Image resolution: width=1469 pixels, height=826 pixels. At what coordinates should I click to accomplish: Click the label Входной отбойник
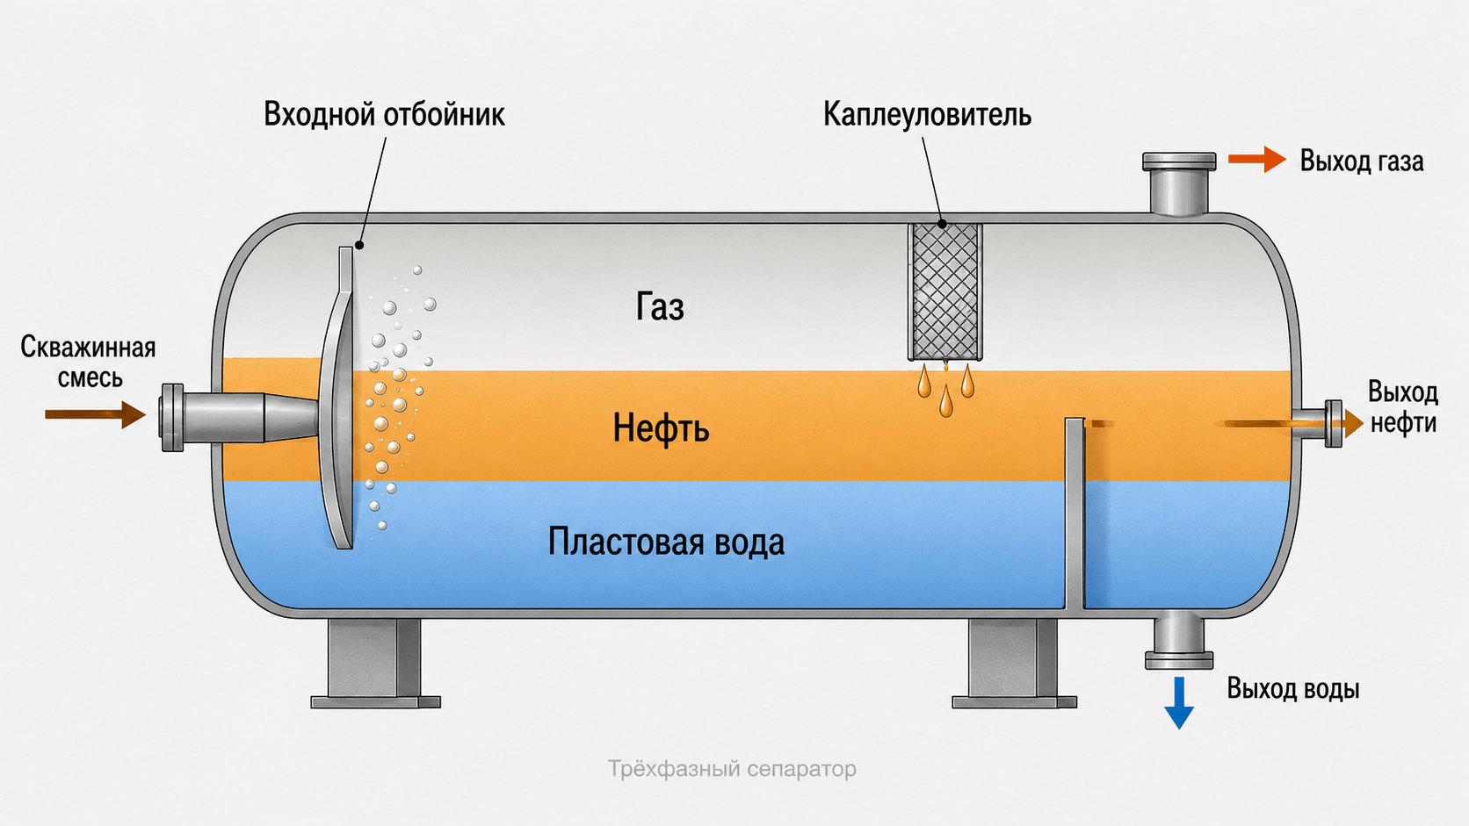(384, 115)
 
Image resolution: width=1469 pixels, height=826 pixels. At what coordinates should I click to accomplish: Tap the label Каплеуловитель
(927, 115)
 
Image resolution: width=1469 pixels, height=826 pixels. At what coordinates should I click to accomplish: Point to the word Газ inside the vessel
(660, 306)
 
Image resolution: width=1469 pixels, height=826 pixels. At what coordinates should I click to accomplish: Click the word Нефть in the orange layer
(661, 428)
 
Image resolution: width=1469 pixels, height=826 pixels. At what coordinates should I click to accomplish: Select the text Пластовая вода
(666, 542)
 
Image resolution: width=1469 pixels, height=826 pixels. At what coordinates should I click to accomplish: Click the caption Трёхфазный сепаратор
(732, 768)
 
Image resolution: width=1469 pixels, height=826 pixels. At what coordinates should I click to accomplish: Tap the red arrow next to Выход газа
(1256, 159)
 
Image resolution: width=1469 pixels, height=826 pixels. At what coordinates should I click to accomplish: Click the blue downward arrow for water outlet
(1178, 703)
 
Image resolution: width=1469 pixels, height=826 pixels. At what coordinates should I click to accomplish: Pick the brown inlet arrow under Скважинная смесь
(95, 414)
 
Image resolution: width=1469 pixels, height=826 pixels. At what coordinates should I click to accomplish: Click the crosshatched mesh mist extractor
(945, 291)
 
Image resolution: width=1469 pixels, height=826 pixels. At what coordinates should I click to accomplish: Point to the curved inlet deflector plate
(337, 398)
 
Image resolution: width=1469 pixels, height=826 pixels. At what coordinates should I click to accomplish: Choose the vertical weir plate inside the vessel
(1075, 514)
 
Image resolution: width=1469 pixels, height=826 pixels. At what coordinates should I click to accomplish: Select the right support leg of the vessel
(1014, 663)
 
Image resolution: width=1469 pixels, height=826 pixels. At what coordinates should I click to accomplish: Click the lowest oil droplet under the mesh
(945, 402)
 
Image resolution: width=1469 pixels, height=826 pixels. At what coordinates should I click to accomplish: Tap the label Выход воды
(1292, 689)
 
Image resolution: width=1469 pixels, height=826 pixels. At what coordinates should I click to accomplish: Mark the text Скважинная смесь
(88, 363)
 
